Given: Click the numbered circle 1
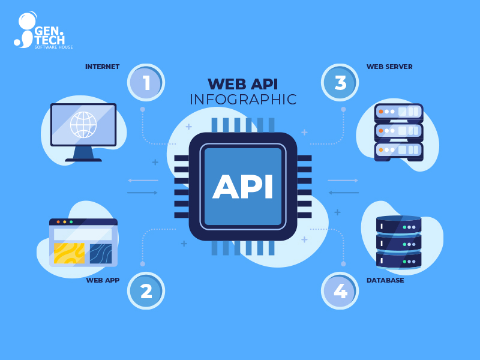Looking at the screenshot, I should (146, 82).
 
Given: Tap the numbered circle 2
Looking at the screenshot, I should (146, 291).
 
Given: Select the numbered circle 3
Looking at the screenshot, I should (340, 82).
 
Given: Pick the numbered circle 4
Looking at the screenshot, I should (340, 291).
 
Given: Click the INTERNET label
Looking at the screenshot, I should (102, 67).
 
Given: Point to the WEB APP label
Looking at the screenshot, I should (103, 280).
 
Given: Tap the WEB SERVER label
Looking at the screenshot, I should (389, 67).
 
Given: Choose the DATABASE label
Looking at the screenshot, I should (385, 280).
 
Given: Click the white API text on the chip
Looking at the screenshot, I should (243, 187).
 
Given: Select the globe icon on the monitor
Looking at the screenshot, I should (83, 124).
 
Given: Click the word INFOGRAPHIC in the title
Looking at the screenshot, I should (243, 100).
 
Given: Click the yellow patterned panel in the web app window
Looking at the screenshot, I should (69, 253).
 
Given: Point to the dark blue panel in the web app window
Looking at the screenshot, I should (101, 253).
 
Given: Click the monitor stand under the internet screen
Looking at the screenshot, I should (83, 154).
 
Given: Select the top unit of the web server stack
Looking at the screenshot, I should (399, 112).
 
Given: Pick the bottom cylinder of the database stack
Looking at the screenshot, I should (399, 260).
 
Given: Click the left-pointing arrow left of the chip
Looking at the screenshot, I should (143, 180).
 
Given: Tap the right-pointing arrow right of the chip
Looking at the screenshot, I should (343, 180).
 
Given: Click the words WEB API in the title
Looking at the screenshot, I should (243, 83).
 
